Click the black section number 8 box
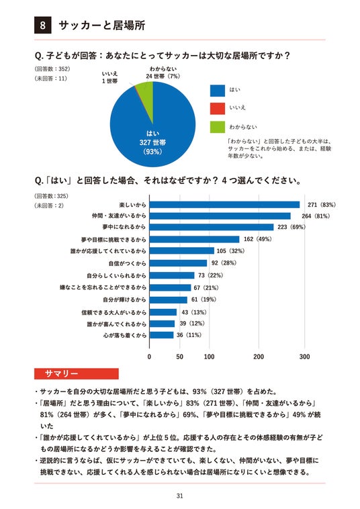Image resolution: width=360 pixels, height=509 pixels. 42,25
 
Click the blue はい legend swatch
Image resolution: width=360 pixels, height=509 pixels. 217,91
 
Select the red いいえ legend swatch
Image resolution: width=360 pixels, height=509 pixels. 217,108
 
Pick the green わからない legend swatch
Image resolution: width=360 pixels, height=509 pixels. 217,127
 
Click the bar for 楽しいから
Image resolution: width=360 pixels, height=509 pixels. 224,205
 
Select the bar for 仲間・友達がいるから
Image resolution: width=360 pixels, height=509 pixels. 220,216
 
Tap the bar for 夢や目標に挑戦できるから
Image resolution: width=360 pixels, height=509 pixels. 195,239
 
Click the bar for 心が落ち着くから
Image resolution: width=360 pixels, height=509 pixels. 161,335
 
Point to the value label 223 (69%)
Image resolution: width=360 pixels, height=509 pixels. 291,227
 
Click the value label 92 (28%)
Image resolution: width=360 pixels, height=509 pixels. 224,263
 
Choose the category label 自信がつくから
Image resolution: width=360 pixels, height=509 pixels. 127,263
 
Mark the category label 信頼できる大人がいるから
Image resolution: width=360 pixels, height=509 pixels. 114,312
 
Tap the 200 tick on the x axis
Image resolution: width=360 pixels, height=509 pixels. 259,357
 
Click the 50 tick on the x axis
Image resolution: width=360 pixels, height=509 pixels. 179,357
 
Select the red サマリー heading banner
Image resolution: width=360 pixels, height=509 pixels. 77,373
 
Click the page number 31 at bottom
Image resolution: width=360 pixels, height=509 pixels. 180,496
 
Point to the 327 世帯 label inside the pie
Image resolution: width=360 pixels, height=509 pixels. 152,142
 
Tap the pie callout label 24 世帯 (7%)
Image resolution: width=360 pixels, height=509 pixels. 163,77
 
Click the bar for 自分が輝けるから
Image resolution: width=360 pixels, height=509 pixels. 169,299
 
